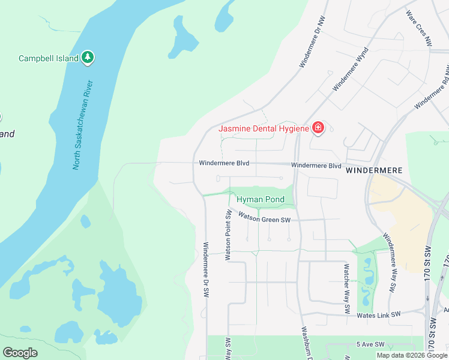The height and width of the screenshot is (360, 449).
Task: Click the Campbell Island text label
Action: point(49,58)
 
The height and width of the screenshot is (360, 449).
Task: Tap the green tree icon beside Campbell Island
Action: point(88,57)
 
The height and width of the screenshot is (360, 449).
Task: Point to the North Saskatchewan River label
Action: point(85,125)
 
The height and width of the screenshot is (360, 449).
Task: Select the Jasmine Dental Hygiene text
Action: point(263,128)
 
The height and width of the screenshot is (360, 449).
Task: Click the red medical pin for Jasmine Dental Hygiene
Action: point(318,128)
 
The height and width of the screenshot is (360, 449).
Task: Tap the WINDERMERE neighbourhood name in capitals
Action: point(374,170)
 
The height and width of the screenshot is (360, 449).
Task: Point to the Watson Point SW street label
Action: point(228,235)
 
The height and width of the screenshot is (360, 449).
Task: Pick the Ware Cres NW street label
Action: point(418,28)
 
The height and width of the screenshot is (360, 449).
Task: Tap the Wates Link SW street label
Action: point(378,314)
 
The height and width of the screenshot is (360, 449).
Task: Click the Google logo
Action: point(20,353)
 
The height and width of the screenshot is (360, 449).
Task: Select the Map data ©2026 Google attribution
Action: point(412,355)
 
